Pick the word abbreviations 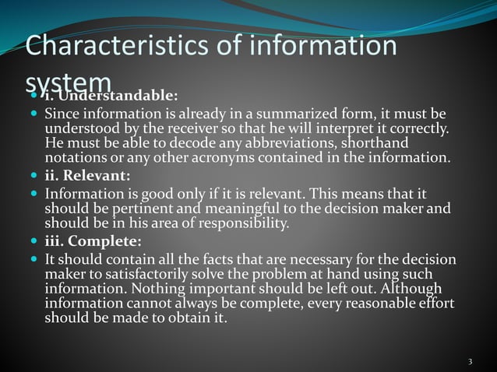coord(311,143)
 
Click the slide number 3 coord(471,361)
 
